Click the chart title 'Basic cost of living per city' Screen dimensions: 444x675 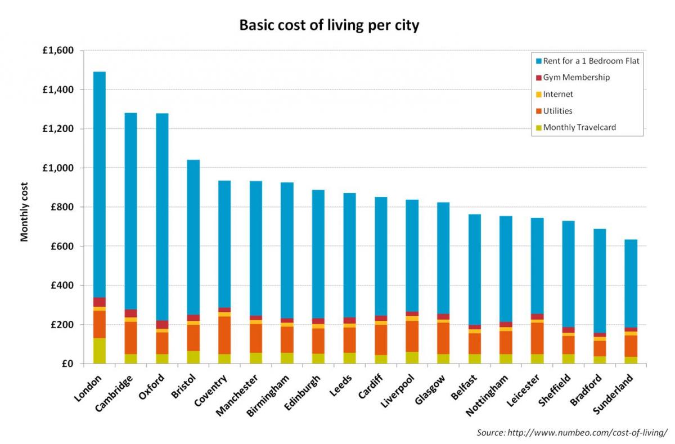329,25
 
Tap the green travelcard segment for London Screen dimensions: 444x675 100,351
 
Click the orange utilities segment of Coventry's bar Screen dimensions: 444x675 224,335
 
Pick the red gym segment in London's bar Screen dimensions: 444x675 100,302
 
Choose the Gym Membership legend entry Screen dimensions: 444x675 576,78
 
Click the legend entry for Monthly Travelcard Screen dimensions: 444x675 579,127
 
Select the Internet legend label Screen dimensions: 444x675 558,95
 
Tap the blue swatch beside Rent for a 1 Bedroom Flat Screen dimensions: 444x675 538,61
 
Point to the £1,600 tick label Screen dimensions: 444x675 58,51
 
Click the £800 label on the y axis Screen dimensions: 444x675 62,207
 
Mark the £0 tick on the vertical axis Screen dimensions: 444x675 68,364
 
